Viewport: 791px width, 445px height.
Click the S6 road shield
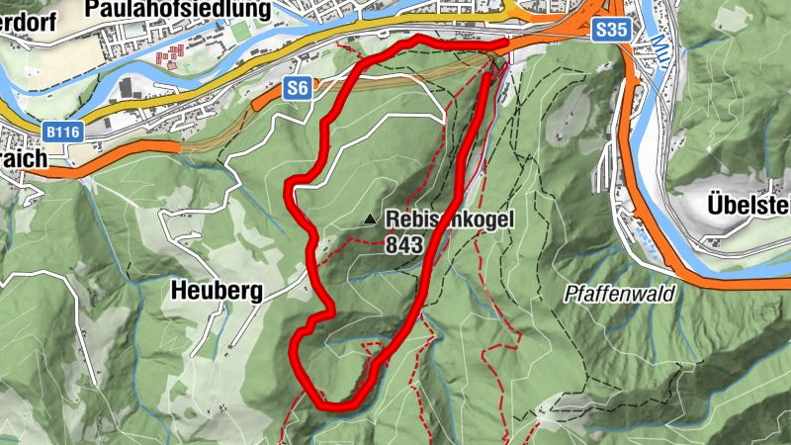click(298, 89)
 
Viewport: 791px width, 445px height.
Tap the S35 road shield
click(612, 31)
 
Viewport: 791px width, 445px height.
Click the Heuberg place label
click(216, 291)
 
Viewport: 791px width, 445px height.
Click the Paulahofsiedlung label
click(178, 10)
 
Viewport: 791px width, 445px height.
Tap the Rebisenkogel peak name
click(450, 220)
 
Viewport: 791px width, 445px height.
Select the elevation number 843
click(405, 244)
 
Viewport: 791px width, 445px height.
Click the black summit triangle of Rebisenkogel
click(370, 219)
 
